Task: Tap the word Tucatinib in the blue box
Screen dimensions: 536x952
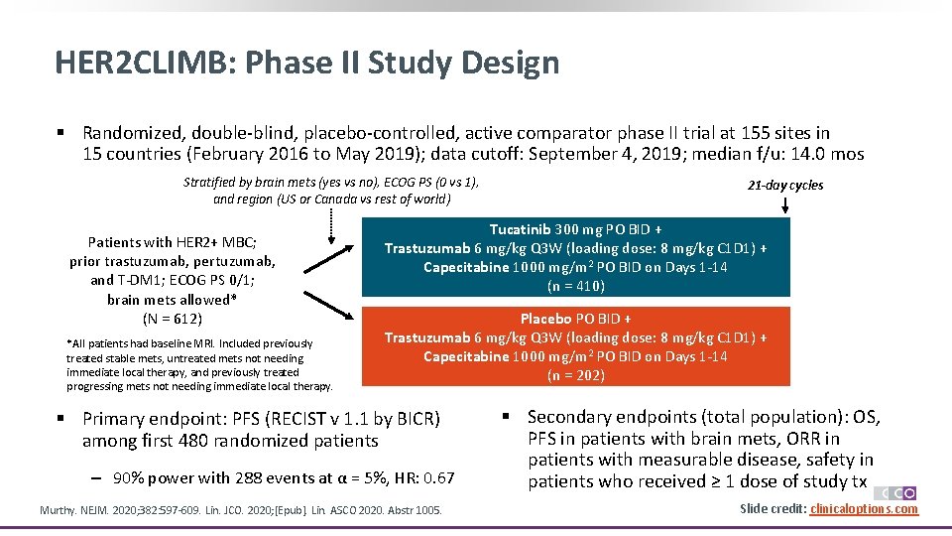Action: tap(521, 229)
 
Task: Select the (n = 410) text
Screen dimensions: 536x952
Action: tap(575, 286)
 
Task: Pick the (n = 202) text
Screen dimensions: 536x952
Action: tap(575, 375)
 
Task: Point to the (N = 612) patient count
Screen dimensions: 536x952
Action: tap(173, 319)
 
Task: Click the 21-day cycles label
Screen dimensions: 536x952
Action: tap(785, 185)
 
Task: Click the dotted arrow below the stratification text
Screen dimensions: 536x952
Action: tap(330, 226)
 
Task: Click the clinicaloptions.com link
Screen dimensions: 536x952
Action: tap(864, 509)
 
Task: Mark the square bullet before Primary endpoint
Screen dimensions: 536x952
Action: tap(60, 419)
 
